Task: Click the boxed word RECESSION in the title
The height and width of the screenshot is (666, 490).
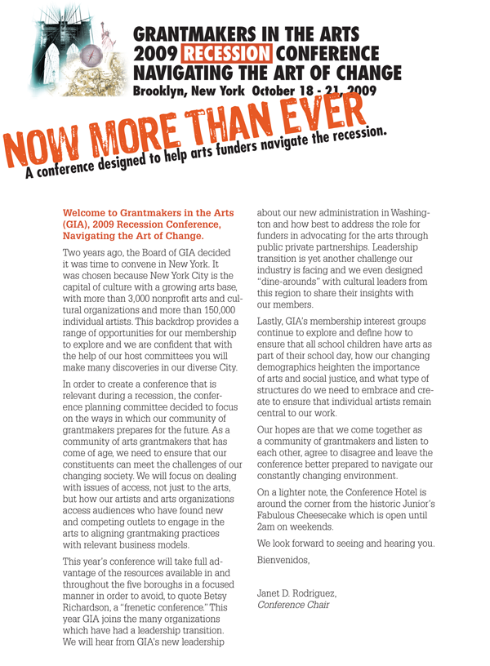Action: pos(227,55)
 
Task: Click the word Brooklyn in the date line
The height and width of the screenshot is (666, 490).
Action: pos(159,91)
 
